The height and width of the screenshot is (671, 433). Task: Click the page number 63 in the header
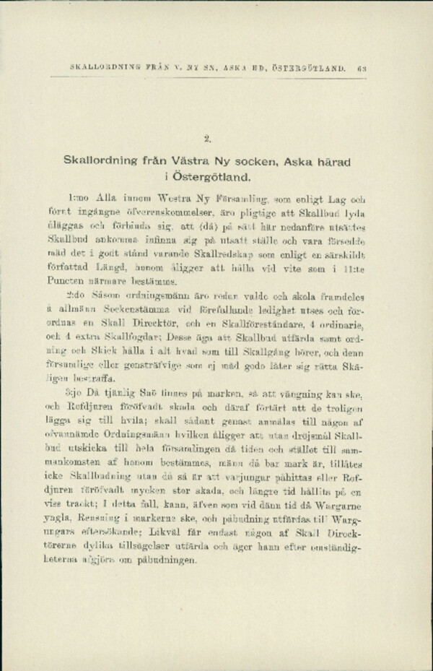coord(362,69)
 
